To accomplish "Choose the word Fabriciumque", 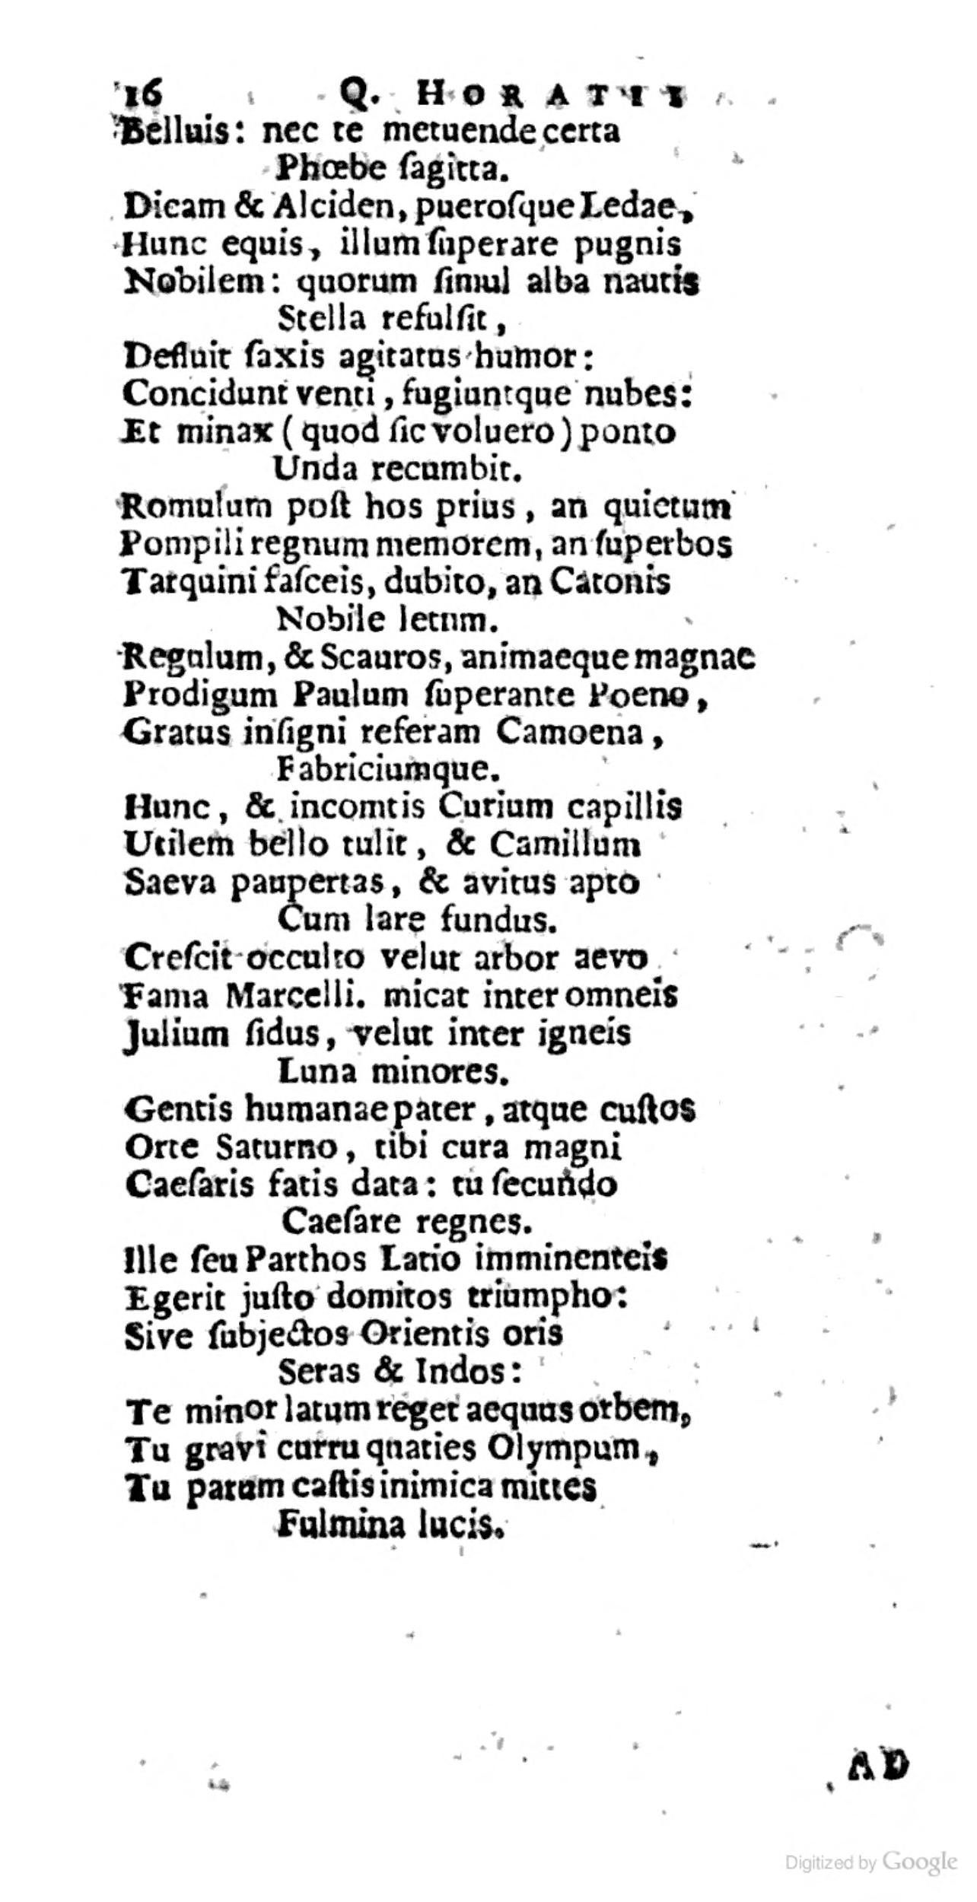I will tap(388, 770).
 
